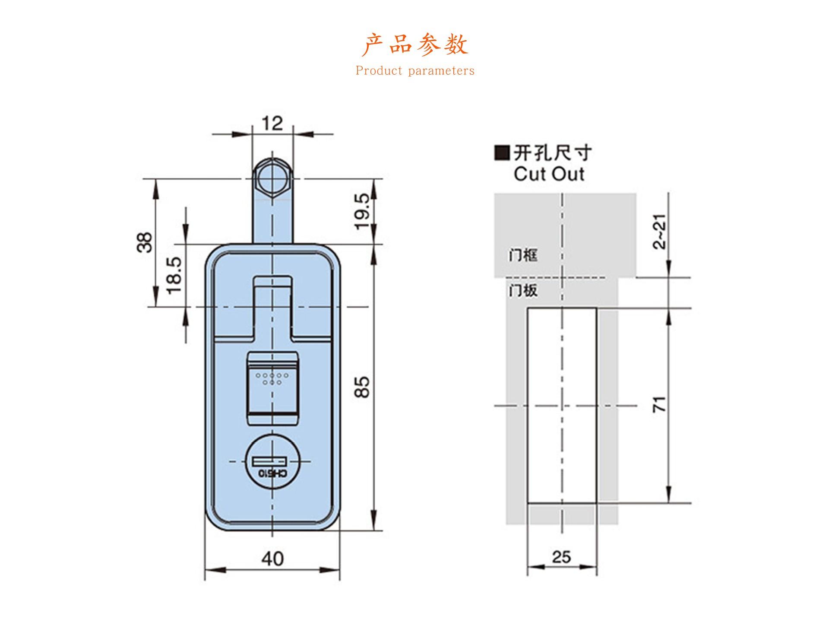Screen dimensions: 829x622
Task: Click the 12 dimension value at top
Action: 272,124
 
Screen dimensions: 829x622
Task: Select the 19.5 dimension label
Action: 363,211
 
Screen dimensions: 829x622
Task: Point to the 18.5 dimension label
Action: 175,275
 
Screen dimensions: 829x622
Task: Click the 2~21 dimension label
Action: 659,232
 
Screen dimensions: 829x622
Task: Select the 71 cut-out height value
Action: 659,405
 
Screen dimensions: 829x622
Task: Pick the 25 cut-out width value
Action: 561,557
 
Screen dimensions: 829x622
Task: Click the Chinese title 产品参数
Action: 414,45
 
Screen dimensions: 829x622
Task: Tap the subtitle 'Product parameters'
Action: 414,71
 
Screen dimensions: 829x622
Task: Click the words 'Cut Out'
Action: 549,174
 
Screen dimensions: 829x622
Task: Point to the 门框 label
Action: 523,255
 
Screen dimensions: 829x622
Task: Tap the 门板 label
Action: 523,290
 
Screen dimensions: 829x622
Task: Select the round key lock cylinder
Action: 272,462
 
